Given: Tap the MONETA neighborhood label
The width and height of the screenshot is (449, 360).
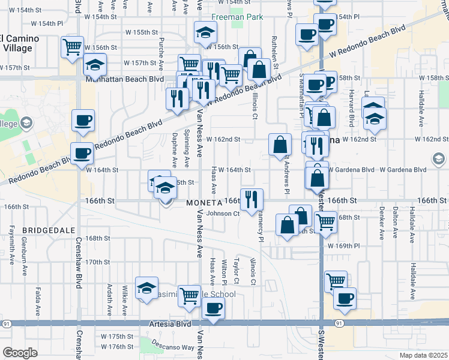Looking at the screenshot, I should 204,202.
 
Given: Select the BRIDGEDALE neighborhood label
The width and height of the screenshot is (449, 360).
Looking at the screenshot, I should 49,230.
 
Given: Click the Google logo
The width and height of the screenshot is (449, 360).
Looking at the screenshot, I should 20,353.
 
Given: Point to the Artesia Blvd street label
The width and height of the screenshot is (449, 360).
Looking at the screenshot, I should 170,324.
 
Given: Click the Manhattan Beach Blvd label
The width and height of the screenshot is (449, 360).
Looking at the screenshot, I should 125,79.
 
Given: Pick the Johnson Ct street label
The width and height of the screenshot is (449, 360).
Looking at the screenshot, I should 223,213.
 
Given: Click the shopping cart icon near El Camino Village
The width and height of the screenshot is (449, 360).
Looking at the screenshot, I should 72,46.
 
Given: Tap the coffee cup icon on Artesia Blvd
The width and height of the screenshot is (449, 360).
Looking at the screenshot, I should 213,308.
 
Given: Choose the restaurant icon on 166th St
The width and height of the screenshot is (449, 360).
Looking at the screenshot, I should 252,198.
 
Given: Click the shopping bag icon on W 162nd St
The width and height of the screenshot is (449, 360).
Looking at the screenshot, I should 280,144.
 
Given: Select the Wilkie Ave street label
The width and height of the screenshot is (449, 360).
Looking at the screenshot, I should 124,300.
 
